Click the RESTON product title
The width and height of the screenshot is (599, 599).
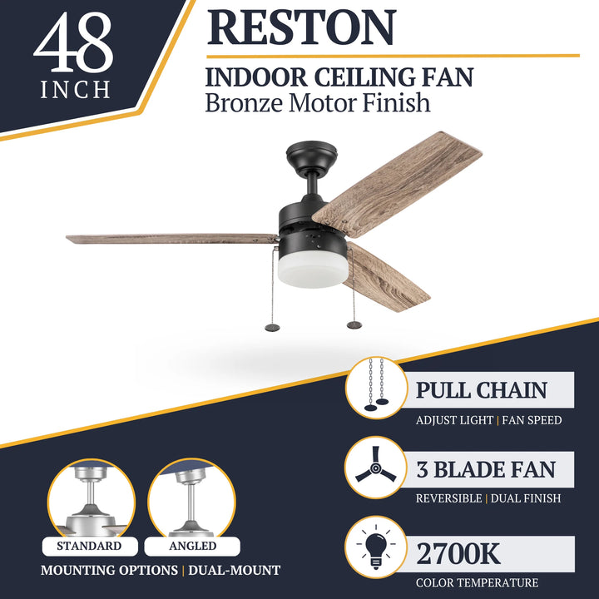[x=301, y=27]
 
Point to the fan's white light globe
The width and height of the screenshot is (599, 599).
[x=312, y=270]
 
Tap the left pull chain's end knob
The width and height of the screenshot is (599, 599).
[x=272, y=327]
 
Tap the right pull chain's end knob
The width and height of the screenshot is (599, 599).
[x=354, y=324]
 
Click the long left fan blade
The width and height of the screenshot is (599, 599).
[x=171, y=239]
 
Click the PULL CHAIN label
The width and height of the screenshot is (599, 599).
[x=482, y=390]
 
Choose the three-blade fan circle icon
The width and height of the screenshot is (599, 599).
[x=375, y=469]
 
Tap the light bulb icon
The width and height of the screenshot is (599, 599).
[x=375, y=548]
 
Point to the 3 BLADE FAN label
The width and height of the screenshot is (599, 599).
[x=486, y=469]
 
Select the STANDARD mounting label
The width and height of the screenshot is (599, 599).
[x=89, y=547]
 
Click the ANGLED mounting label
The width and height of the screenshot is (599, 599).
[x=192, y=547]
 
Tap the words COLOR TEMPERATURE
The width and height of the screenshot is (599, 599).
[x=477, y=582]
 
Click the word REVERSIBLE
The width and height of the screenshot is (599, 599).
[x=448, y=498]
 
